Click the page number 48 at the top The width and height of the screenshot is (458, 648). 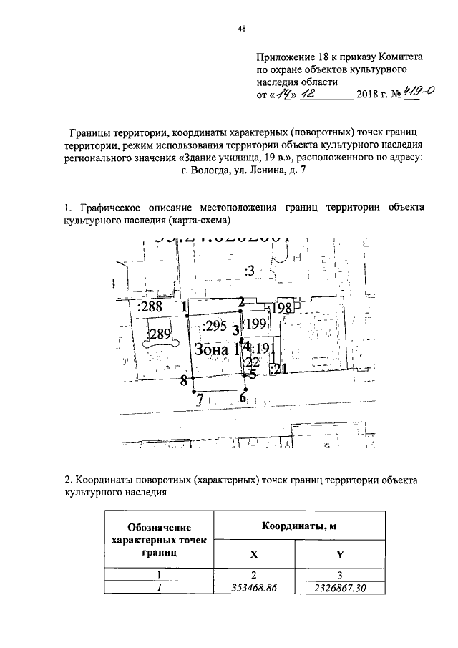pos(241,29)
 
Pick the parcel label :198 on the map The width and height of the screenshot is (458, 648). pos(281,308)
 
